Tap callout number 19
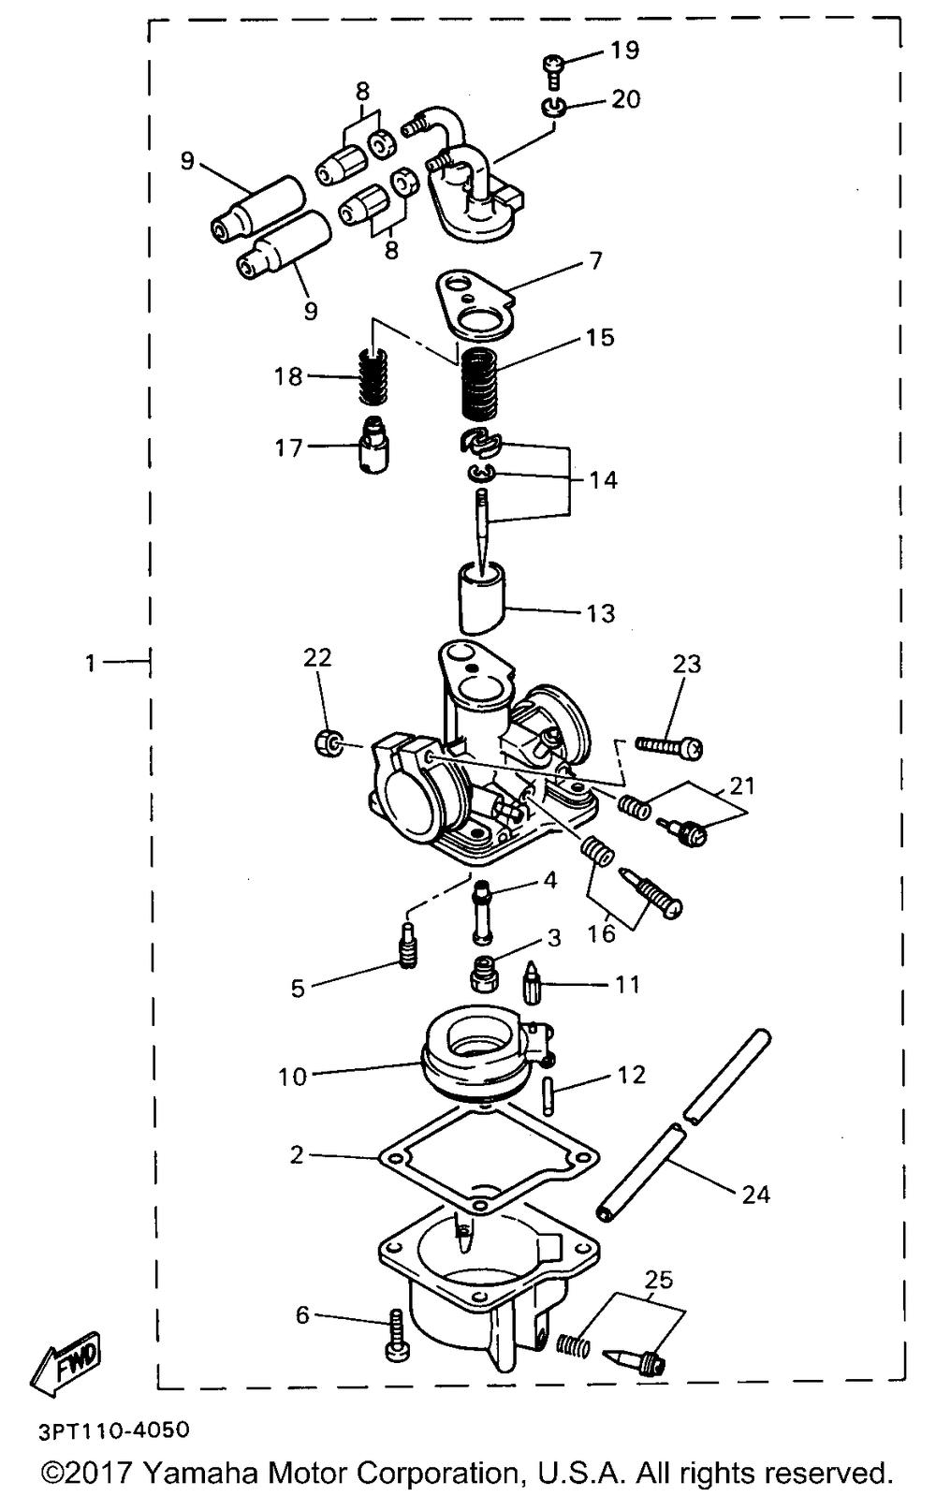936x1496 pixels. [x=624, y=50]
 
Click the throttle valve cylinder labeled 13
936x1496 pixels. [x=484, y=596]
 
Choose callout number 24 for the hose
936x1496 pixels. [x=755, y=1194]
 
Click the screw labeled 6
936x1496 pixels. [x=394, y=1336]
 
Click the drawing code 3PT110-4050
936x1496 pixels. [x=113, y=1430]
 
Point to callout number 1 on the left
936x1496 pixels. [x=90, y=664]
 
